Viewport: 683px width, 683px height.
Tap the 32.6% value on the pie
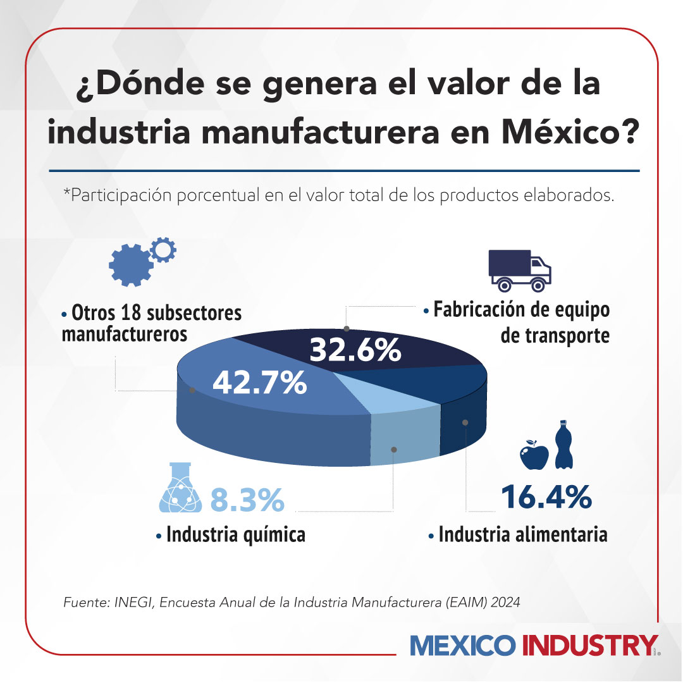355,350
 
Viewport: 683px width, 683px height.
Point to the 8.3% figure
247,500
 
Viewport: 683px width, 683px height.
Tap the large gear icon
130,265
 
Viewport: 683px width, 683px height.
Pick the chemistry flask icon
181,488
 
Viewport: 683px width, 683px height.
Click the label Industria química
235,535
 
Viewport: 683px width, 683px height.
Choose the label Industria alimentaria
522,534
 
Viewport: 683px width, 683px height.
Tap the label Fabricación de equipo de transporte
521,323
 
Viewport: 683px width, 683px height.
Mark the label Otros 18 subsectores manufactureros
152,323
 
